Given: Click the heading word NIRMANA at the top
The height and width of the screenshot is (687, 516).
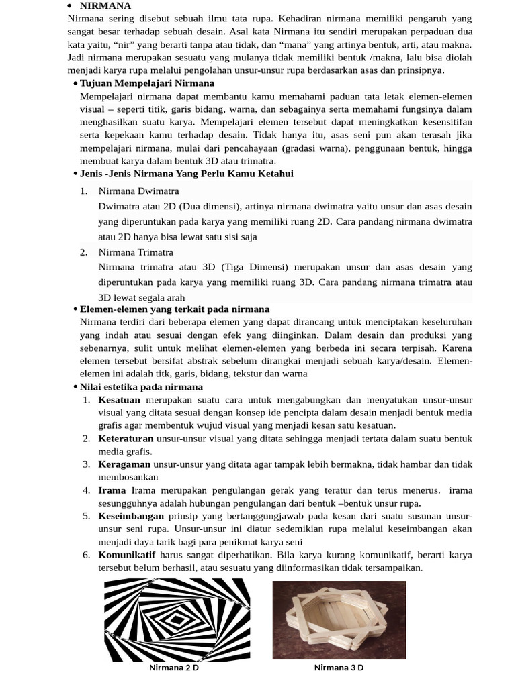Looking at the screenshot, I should click(x=105, y=6).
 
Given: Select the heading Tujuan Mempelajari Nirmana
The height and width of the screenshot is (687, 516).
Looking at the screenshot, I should click(x=147, y=83).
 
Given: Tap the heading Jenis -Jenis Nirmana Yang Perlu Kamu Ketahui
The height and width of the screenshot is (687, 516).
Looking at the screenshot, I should click(x=186, y=174).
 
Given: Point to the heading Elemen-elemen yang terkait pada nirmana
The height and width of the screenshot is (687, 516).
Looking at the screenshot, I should click(x=175, y=309).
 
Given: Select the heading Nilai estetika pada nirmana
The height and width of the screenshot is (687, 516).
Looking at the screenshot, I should click(x=141, y=387).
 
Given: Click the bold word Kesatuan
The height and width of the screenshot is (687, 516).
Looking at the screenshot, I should click(x=119, y=400).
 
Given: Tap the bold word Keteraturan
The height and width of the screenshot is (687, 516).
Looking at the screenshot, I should click(x=126, y=439).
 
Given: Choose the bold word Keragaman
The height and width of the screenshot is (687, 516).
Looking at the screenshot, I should click(x=124, y=464).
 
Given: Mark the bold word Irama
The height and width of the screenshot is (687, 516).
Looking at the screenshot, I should click(x=112, y=490).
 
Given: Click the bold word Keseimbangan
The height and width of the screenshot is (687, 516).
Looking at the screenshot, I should click(x=131, y=516).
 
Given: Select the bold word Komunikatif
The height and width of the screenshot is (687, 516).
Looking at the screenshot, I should click(x=126, y=555).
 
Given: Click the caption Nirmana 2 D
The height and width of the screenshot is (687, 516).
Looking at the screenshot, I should click(x=173, y=668).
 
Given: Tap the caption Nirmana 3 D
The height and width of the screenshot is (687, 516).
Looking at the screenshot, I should click(x=339, y=668).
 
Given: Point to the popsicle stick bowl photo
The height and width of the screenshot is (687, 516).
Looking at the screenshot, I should click(x=339, y=619).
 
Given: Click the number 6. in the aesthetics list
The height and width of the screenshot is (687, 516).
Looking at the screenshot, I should click(x=86, y=555).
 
